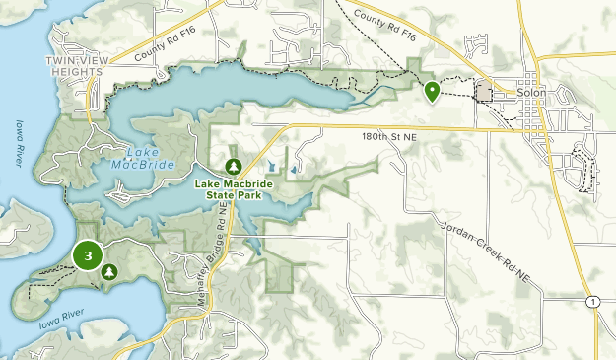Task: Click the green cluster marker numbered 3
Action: tap(89, 255)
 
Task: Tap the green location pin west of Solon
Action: tap(432, 92)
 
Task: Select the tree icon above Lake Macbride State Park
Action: tap(233, 166)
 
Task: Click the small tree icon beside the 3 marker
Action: tap(109, 270)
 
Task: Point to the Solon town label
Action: tap(529, 94)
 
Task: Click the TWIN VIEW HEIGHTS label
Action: tap(77, 67)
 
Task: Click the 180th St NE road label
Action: tap(390, 137)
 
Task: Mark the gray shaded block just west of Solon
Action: tap(484, 92)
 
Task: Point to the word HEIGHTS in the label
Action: tap(77, 72)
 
